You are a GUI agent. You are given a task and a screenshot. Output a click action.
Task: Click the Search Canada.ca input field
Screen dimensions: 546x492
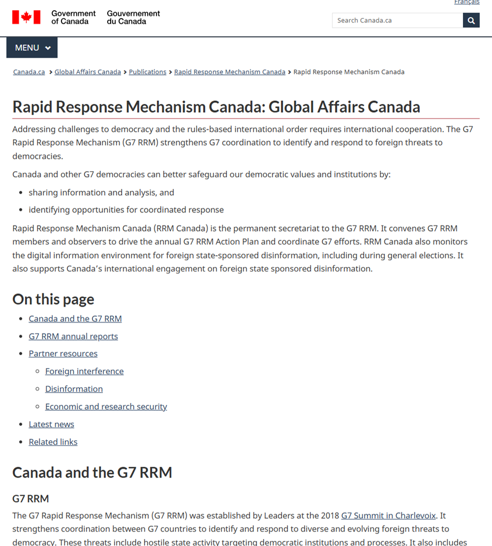(x=397, y=20)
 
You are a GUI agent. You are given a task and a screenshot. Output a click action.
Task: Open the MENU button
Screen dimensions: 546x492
(x=32, y=48)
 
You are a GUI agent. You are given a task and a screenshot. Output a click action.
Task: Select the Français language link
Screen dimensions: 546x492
(x=466, y=2)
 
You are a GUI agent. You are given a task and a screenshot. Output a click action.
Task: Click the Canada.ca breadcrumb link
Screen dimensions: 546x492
(x=29, y=72)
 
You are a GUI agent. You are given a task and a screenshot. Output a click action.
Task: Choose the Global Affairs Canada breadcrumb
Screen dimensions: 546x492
(x=88, y=72)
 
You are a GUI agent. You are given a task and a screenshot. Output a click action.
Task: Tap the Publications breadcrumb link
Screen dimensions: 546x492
(x=148, y=72)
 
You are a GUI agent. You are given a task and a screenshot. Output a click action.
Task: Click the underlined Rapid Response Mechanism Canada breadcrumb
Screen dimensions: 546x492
(x=230, y=72)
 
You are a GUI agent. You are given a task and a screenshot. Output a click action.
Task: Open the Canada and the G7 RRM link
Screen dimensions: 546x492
(x=75, y=319)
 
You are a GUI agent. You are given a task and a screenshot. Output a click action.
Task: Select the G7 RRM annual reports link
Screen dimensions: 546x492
(x=73, y=336)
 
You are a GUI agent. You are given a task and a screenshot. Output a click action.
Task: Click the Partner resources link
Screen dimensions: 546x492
(x=63, y=354)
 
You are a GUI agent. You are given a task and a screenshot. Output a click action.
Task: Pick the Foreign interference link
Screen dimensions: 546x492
(x=84, y=371)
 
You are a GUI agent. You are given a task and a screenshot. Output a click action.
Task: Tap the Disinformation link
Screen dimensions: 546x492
(x=74, y=389)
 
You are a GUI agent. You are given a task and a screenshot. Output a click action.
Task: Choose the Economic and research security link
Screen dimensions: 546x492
(x=106, y=407)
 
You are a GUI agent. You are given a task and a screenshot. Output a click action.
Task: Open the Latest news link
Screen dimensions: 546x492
(x=51, y=425)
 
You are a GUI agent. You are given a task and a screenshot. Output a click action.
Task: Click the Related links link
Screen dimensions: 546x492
(x=53, y=442)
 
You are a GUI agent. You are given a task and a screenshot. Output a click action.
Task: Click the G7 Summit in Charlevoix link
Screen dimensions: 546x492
(x=388, y=516)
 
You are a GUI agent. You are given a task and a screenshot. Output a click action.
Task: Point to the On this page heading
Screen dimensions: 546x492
(x=53, y=299)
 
